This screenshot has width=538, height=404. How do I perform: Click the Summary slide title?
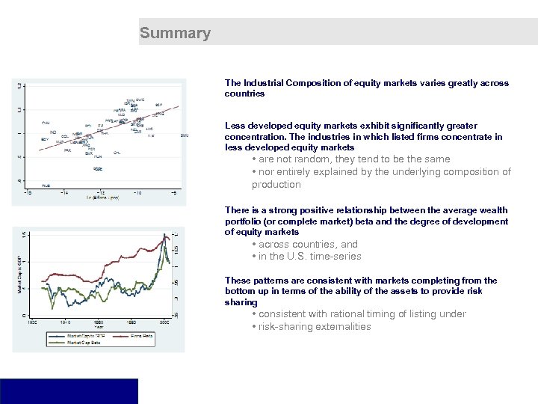175,33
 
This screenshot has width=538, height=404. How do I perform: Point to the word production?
276,184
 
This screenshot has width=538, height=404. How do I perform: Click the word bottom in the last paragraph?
240,291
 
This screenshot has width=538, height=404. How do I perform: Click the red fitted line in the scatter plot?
105,128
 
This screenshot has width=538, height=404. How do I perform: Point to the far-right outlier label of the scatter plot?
184,135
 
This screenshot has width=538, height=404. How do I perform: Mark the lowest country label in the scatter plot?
46,185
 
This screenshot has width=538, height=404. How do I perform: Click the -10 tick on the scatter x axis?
137,193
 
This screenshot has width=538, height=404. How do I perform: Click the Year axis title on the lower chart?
98,326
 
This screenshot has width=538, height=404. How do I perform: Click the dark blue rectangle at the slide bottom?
69,391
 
